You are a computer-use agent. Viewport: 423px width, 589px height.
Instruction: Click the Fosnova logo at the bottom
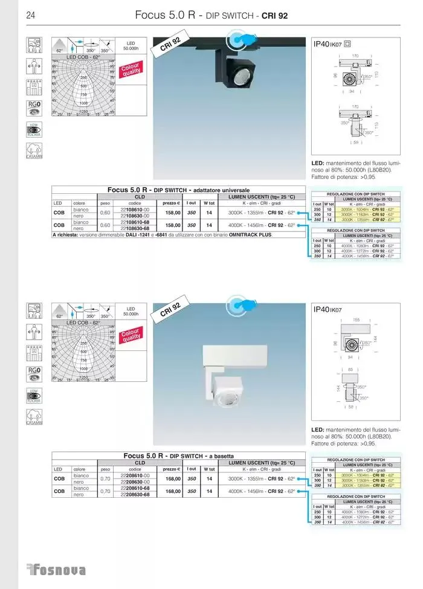(57, 570)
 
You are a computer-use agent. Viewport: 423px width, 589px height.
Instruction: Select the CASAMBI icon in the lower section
(34, 417)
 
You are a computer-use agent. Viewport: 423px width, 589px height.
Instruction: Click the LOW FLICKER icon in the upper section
(34, 130)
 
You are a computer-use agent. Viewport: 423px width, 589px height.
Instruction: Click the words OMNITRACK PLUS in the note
(248, 234)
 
